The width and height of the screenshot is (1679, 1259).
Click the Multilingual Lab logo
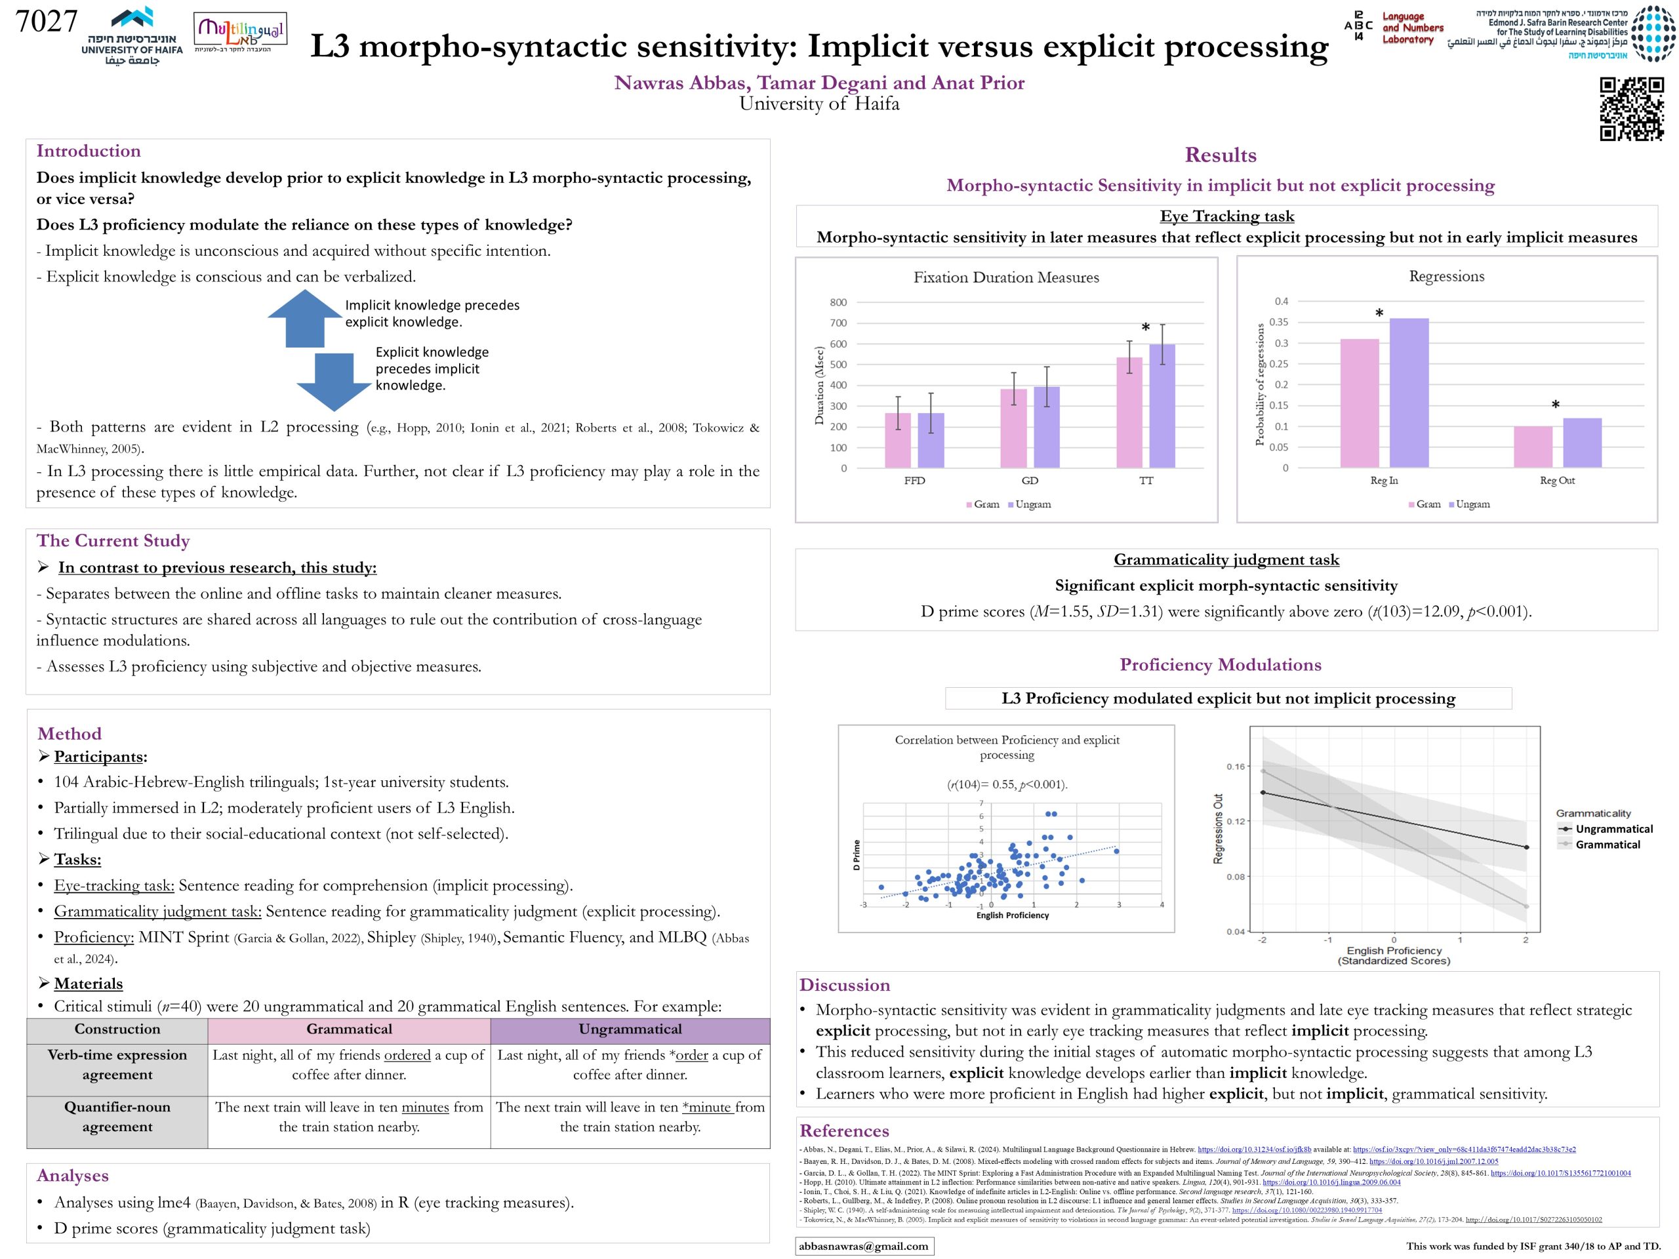point(240,33)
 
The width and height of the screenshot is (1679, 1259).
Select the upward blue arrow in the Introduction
point(304,318)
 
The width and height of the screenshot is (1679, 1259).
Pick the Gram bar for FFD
point(898,440)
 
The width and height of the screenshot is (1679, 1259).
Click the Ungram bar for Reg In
point(1409,392)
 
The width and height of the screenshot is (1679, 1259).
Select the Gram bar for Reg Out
point(1533,447)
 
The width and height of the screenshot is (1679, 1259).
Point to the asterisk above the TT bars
point(1145,328)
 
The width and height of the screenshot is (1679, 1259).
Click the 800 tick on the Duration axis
point(838,302)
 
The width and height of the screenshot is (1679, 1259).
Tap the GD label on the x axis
point(1029,481)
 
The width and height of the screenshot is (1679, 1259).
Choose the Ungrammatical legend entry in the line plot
point(1613,829)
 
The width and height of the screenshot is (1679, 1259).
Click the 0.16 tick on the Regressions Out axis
point(1236,767)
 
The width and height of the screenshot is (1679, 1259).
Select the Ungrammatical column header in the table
point(630,1029)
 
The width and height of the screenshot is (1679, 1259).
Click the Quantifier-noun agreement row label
point(117,1116)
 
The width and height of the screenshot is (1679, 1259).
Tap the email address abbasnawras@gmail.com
point(864,1246)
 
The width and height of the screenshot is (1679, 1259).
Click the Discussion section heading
point(844,985)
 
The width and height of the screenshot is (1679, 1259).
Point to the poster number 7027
point(47,21)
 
